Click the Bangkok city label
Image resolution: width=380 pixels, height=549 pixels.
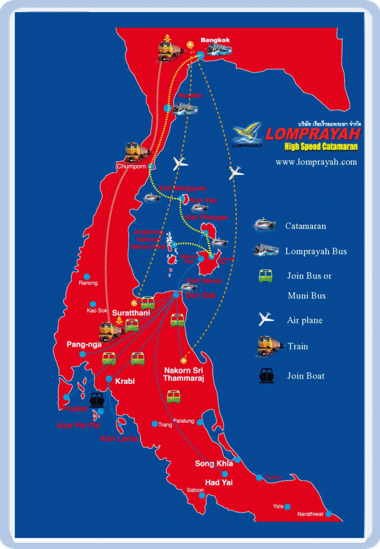(x=214, y=40)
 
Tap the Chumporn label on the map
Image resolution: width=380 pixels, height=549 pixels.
(x=131, y=167)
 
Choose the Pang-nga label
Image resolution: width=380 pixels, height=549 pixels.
(x=81, y=344)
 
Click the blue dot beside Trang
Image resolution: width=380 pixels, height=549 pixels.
(x=155, y=424)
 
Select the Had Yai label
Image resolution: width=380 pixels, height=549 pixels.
(x=220, y=483)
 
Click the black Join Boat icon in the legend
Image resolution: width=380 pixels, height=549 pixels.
(x=267, y=376)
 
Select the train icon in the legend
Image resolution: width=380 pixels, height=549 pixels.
(x=270, y=346)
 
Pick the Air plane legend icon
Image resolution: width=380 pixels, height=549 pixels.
(x=266, y=320)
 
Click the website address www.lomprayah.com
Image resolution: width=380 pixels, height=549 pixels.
(x=316, y=162)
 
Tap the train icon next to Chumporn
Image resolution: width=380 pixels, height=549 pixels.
(x=136, y=152)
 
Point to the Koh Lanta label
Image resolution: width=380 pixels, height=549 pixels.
(x=119, y=439)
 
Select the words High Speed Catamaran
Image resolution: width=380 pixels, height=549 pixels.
(x=321, y=146)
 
